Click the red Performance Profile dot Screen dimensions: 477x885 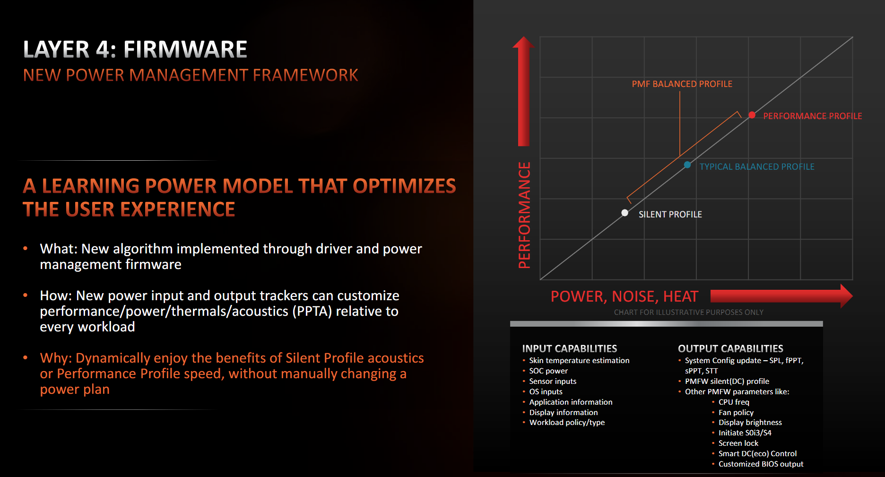pyautogui.click(x=752, y=115)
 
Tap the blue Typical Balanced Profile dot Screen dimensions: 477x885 pyautogui.click(x=687, y=165)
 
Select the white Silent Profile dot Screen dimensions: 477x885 pyautogui.click(x=625, y=213)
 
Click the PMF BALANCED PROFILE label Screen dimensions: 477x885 pyautogui.click(x=682, y=84)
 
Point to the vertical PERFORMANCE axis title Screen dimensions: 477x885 pyautogui.click(x=524, y=215)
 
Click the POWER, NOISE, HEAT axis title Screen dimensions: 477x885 pyautogui.click(x=624, y=296)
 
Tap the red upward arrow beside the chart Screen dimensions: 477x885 pyautogui.click(x=523, y=92)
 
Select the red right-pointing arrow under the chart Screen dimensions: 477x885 pyautogui.click(x=780, y=296)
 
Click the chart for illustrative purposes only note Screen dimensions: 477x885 pyautogui.click(x=688, y=312)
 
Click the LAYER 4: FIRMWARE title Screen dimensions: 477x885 pyautogui.click(x=135, y=50)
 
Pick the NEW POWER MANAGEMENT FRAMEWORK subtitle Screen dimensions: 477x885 pyautogui.click(x=191, y=75)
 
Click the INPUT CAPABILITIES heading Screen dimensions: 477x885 pyautogui.click(x=569, y=349)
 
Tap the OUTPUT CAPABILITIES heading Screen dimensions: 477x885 pyautogui.click(x=730, y=349)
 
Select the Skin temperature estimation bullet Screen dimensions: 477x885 pyautogui.click(x=579, y=361)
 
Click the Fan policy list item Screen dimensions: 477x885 pyautogui.click(x=736, y=413)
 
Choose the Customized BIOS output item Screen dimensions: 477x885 pyautogui.click(x=761, y=464)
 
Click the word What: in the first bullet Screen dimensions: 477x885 pyautogui.click(x=58, y=249)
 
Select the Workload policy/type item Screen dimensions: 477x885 pyautogui.click(x=567, y=423)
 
